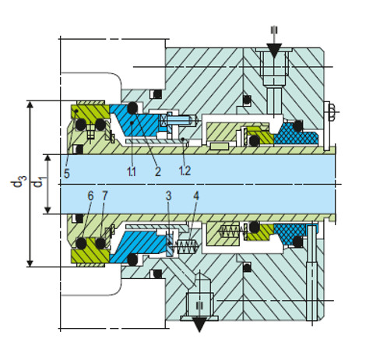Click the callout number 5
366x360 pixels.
[67, 173]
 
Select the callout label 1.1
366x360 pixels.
[132, 171]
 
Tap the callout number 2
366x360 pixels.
[157, 171]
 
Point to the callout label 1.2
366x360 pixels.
[185, 171]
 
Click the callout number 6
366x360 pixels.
[90, 196]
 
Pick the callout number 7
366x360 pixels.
[104, 196]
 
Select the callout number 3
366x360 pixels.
[169, 196]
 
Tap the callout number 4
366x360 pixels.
[196, 196]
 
